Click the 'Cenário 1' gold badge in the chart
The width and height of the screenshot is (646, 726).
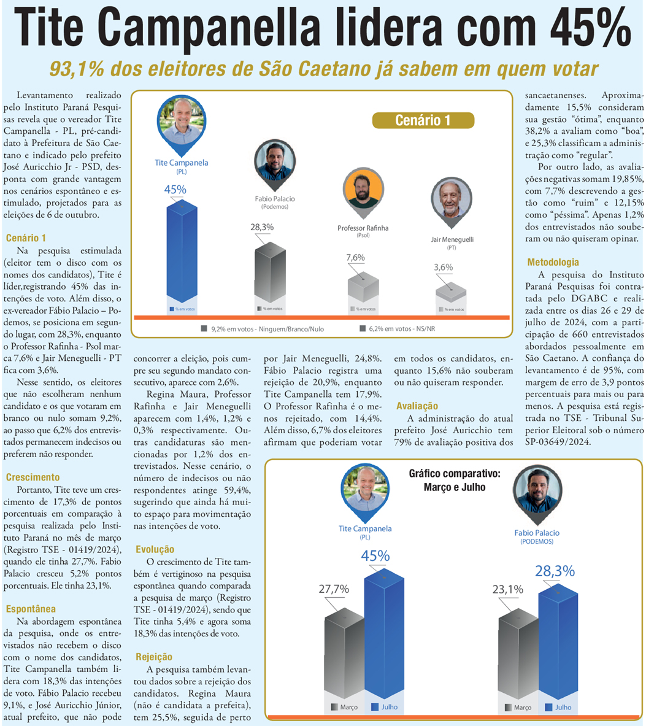(423, 120)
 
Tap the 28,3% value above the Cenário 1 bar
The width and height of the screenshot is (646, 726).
(262, 227)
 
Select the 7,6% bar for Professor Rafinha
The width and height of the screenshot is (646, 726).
(363, 288)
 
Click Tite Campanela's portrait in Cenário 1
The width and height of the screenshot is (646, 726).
(182, 121)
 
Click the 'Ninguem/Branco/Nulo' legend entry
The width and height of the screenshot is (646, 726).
(263, 329)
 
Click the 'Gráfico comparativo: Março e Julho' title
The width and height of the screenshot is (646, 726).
(455, 480)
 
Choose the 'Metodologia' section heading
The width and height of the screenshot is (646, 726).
(553, 262)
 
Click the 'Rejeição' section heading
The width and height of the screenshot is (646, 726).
(154, 657)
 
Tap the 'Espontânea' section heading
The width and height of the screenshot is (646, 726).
(31, 609)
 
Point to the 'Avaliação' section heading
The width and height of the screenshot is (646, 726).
(417, 406)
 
